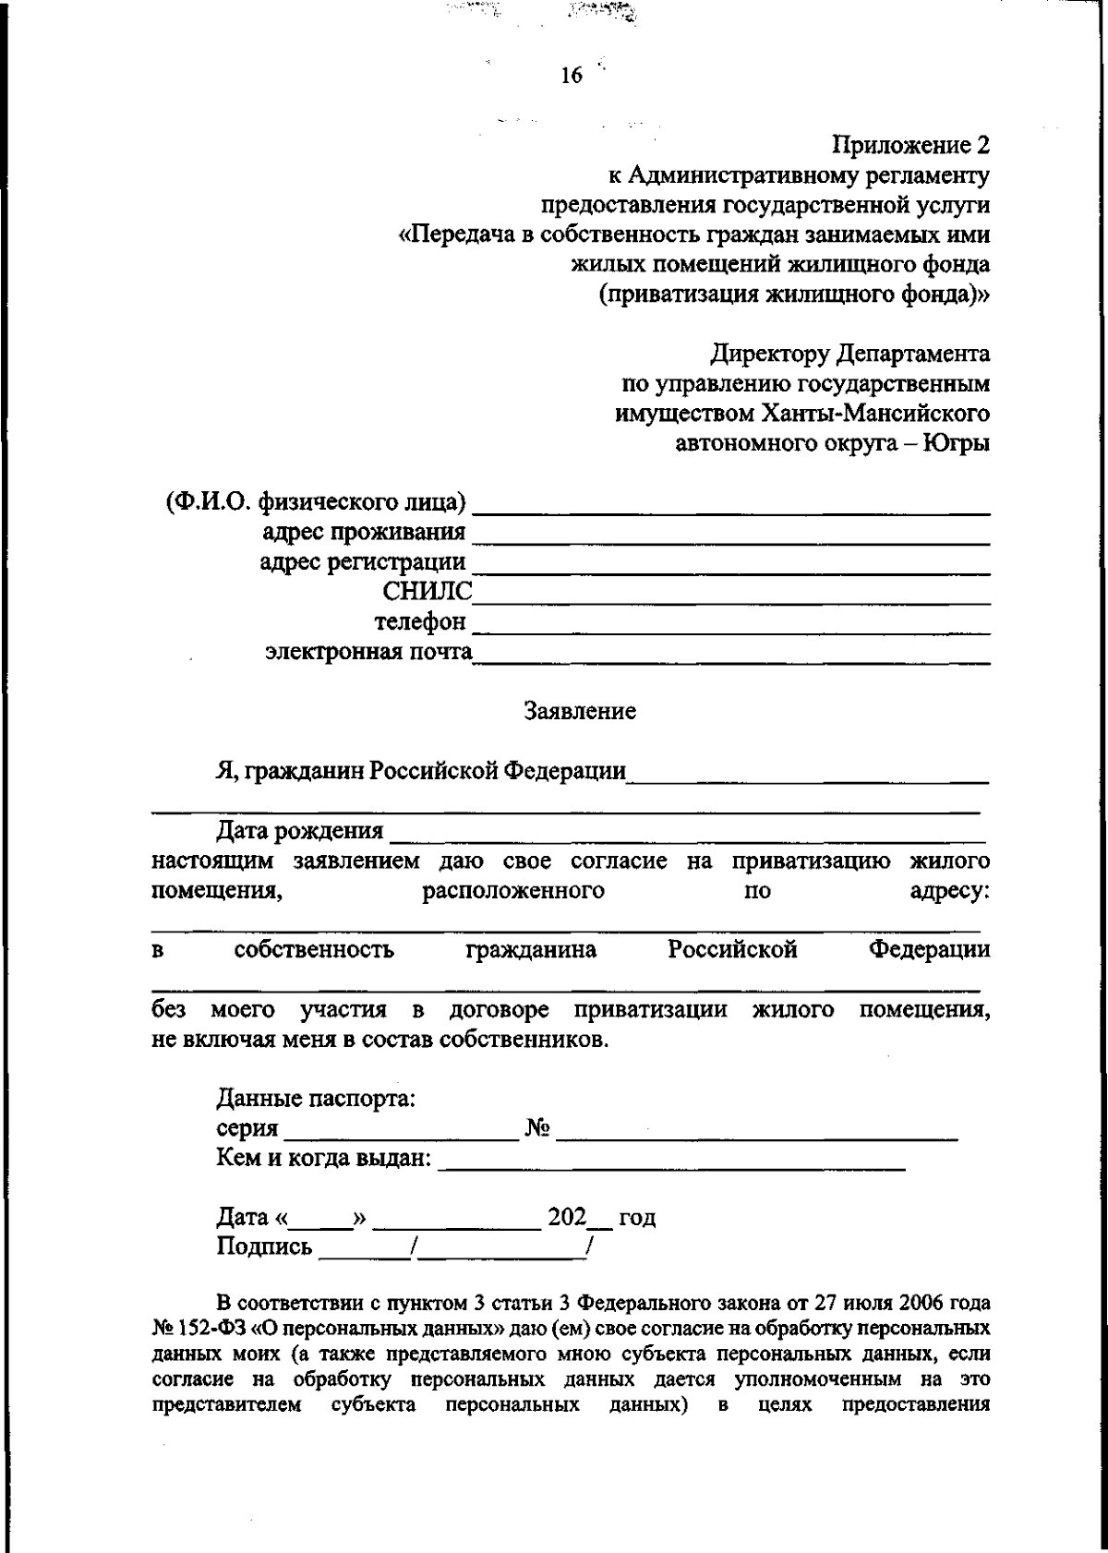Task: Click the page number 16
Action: (x=572, y=77)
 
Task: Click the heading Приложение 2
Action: (x=910, y=146)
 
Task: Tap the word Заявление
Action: (x=580, y=712)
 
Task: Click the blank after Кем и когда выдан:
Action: (x=671, y=1164)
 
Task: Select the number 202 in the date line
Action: (x=567, y=1217)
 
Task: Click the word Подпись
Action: (x=264, y=1248)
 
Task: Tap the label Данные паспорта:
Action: (x=315, y=1099)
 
